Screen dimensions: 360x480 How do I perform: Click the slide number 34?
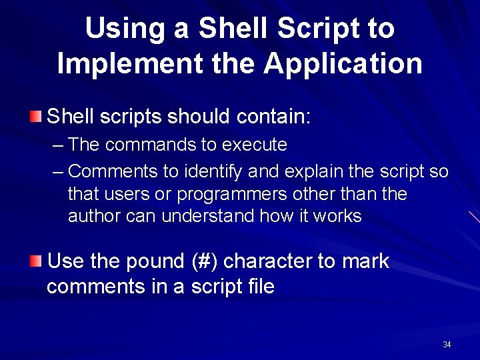[447, 345]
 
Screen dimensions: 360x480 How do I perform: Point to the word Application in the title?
[343, 64]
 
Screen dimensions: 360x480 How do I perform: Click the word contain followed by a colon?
[273, 117]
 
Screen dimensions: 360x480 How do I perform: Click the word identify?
[213, 171]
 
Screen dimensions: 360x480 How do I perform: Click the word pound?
[155, 261]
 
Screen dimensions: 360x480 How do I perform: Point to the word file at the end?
[259, 287]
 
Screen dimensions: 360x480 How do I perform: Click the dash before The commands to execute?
[58, 145]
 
